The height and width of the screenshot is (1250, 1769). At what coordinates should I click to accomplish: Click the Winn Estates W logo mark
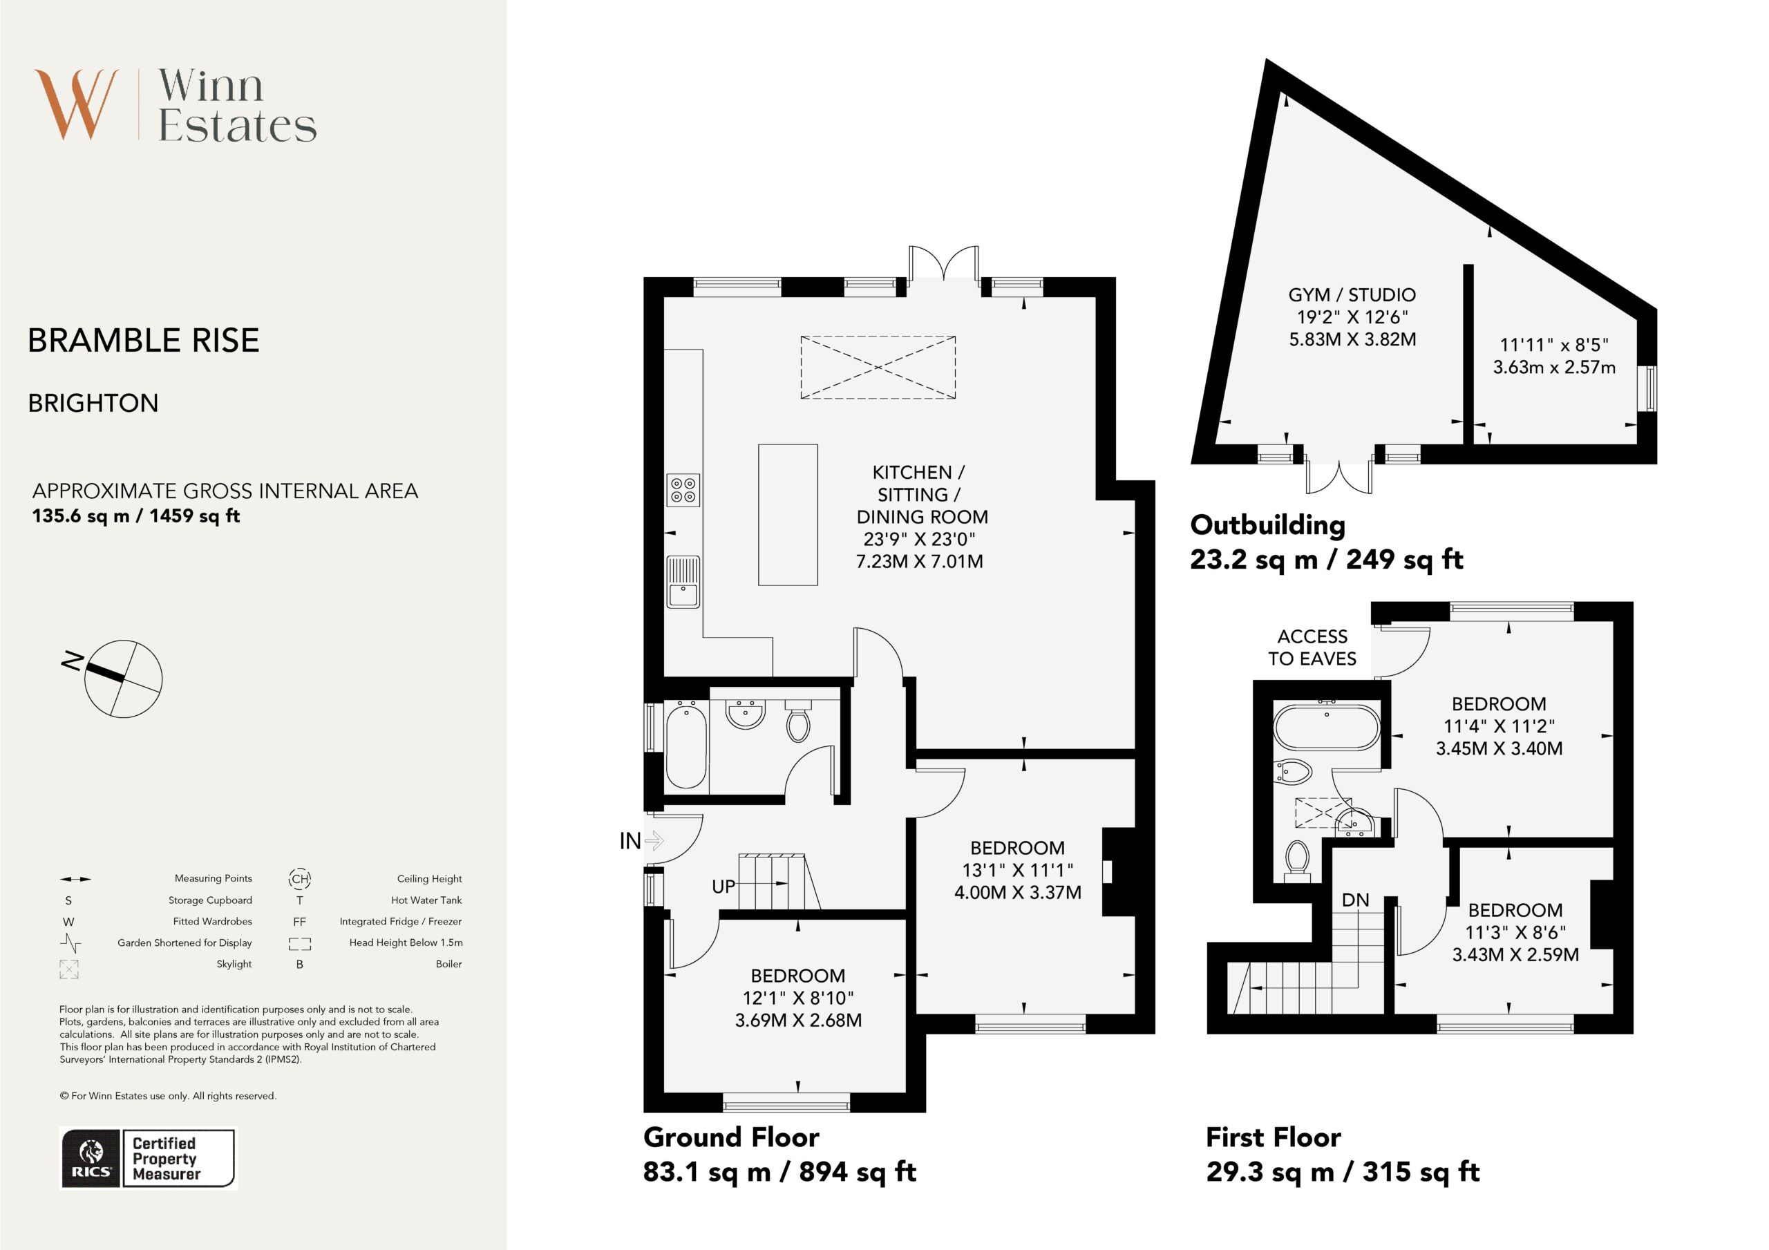pyautogui.click(x=76, y=104)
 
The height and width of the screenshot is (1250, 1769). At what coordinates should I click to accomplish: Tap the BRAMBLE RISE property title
pyautogui.click(x=143, y=341)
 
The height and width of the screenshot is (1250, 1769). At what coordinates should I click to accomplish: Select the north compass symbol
pyautogui.click(x=115, y=677)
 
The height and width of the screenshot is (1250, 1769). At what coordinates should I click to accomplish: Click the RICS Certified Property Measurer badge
pyautogui.click(x=148, y=1158)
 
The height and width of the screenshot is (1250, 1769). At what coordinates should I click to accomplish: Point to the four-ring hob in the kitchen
pyautogui.click(x=683, y=490)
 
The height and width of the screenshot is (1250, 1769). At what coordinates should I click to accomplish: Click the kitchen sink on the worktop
pyautogui.click(x=683, y=582)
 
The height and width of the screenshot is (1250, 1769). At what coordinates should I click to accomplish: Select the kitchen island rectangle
pyautogui.click(x=788, y=515)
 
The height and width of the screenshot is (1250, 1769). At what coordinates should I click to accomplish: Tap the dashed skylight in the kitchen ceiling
pyautogui.click(x=878, y=368)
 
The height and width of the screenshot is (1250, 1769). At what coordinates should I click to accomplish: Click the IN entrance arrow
pyautogui.click(x=654, y=840)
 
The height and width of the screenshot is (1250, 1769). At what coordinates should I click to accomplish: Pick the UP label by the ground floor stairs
pyautogui.click(x=723, y=887)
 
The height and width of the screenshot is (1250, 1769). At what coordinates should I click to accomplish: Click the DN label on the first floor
pyautogui.click(x=1355, y=900)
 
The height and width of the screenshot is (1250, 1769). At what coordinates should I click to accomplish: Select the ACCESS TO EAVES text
pyautogui.click(x=1312, y=647)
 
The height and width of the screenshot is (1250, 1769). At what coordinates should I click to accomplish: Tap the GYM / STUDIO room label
pyautogui.click(x=1352, y=294)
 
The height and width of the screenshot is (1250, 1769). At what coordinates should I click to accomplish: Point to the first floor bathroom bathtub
pyautogui.click(x=1327, y=727)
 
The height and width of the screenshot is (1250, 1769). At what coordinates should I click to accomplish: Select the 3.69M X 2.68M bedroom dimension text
pyautogui.click(x=798, y=1020)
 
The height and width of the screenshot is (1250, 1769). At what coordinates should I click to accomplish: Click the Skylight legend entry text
pyautogui.click(x=234, y=964)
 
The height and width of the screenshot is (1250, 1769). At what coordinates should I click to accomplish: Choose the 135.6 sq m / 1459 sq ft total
pyautogui.click(x=135, y=515)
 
